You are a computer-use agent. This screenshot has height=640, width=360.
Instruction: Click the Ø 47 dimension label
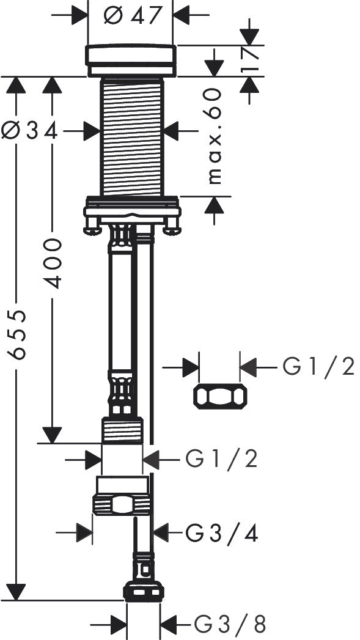tap(131, 15)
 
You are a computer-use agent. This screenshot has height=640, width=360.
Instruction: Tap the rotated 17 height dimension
tap(251, 60)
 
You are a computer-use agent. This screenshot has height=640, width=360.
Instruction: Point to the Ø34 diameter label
tap(29, 130)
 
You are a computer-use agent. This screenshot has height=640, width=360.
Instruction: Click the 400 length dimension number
tap(53, 263)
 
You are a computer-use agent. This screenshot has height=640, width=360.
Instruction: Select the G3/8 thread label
tap(230, 625)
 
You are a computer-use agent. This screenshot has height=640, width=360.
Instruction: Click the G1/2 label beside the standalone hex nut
tap(318, 367)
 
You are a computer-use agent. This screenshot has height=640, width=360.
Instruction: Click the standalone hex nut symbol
tap(220, 397)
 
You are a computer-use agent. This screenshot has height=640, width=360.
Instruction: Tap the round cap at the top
tap(131, 60)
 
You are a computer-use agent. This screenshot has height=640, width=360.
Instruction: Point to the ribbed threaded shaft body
tap(131, 138)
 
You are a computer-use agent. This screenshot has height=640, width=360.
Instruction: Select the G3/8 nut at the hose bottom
tap(144, 591)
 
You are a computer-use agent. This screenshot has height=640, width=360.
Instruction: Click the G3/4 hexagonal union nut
tap(122, 504)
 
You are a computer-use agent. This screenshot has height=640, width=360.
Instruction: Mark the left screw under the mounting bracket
tap(92, 230)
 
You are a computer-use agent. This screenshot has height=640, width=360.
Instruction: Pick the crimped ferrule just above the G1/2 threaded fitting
tap(120, 391)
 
